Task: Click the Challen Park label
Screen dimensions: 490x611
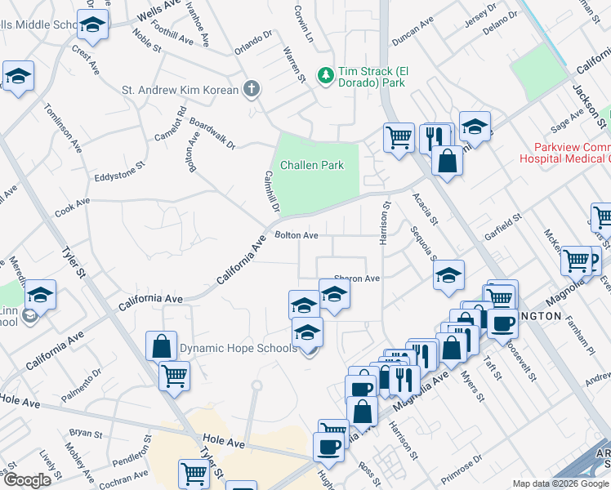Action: [312, 165]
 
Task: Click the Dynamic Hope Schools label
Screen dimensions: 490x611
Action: [238, 349]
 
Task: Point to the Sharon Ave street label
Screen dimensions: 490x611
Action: [358, 278]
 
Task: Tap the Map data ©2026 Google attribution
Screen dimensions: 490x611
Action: [560, 483]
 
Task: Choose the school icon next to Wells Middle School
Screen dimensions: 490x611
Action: [93, 25]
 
